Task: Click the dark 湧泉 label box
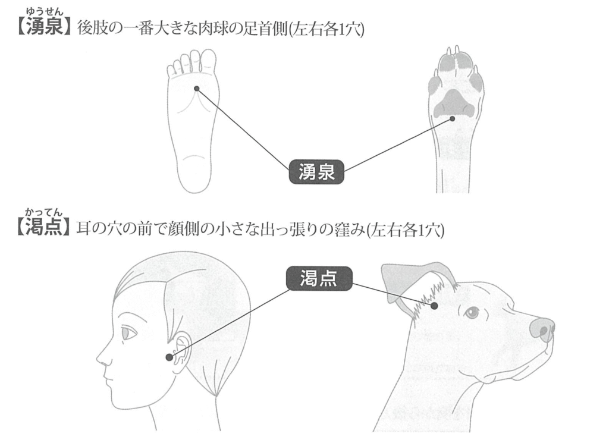(x=316, y=172)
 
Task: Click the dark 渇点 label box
(x=319, y=278)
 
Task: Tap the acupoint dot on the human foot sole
(x=196, y=89)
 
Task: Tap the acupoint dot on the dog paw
(x=452, y=118)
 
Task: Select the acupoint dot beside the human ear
(x=169, y=357)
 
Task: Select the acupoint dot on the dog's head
(x=434, y=306)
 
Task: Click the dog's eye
(x=472, y=312)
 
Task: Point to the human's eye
(x=129, y=333)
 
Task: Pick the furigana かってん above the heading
(x=43, y=212)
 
